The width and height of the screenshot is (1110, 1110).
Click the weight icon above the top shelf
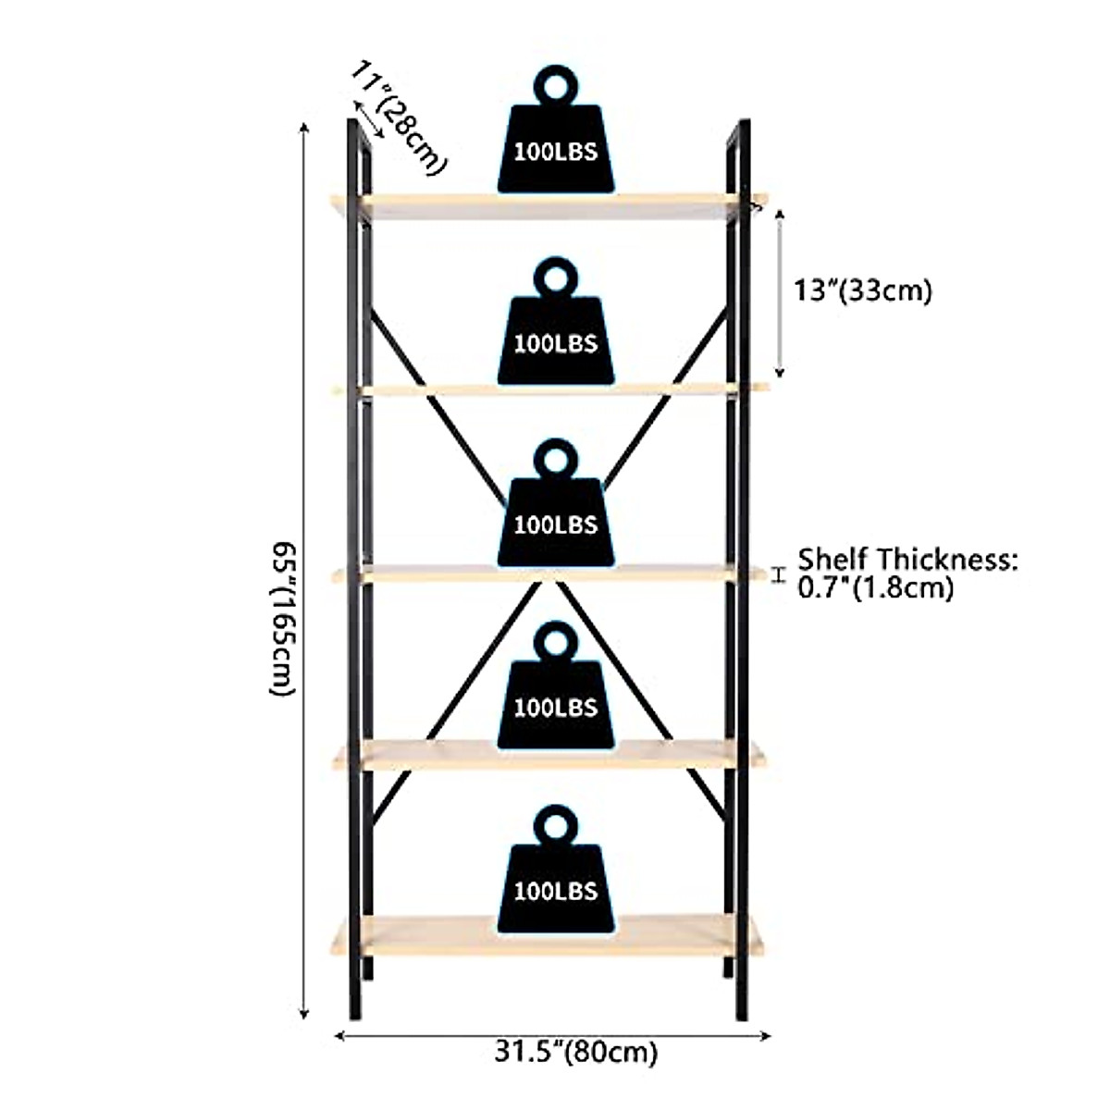[555, 139]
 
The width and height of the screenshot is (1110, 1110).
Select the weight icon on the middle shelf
[555, 512]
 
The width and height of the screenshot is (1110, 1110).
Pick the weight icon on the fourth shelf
[555, 696]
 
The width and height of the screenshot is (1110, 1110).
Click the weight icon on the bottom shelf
[555, 879]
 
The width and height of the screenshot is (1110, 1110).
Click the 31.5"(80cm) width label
[575, 1052]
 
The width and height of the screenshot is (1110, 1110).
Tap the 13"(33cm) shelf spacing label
[862, 290]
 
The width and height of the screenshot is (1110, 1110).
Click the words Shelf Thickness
[906, 560]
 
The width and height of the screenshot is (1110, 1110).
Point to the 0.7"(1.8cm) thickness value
[875, 587]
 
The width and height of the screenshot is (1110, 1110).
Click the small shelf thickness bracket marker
[779, 575]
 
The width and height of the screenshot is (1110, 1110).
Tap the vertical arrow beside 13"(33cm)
[780, 293]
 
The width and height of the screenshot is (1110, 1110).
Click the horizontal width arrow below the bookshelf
[551, 1035]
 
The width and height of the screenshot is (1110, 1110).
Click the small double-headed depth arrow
[368, 121]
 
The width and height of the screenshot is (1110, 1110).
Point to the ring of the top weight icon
[555, 86]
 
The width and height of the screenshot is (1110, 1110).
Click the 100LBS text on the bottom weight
[555, 891]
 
